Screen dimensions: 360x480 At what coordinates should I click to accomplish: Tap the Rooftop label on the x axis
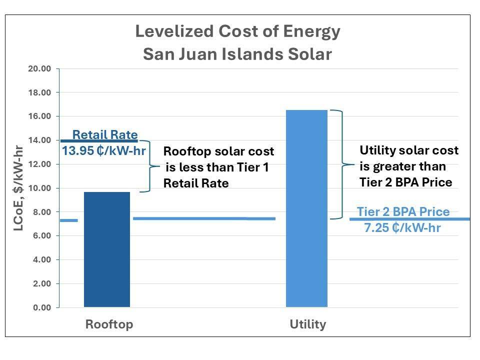click(109, 324)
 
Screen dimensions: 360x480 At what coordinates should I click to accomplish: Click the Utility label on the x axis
click(307, 324)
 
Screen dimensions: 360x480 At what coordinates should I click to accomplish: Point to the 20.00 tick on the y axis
click(40, 69)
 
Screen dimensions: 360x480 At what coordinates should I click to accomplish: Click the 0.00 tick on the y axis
click(42, 307)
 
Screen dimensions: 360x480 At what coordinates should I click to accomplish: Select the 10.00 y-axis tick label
click(40, 188)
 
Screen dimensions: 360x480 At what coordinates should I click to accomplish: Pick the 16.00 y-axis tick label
click(40, 116)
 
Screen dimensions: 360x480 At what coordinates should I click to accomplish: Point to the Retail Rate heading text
click(104, 134)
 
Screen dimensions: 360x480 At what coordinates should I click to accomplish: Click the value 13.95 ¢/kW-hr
click(103, 150)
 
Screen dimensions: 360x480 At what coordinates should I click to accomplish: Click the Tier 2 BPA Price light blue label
click(403, 212)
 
